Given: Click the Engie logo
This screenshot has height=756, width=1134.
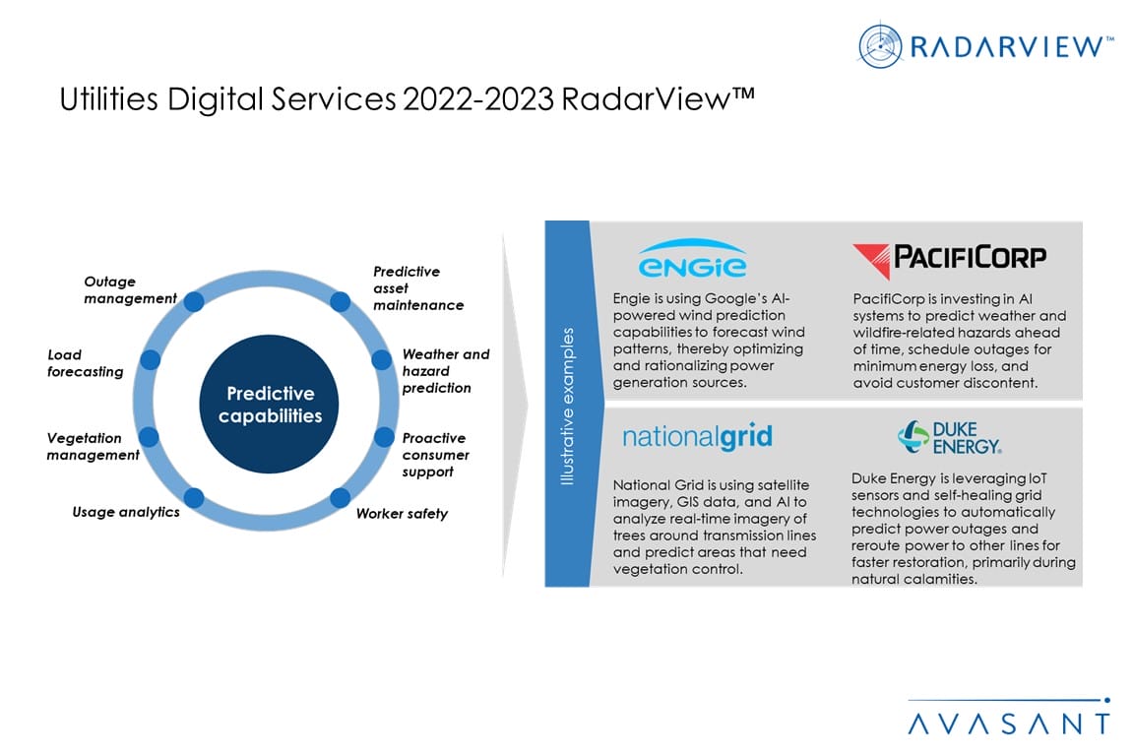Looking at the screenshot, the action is pos(692,258).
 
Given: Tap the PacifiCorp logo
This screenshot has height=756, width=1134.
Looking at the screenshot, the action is pos(949,260).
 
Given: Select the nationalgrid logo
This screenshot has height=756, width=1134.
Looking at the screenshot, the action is pos(697,437).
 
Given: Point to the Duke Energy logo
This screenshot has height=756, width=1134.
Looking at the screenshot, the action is pos(950,438).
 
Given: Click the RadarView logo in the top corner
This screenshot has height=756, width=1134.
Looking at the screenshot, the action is pos(985,45).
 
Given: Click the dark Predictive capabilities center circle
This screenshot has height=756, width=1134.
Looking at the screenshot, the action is pos(269,404).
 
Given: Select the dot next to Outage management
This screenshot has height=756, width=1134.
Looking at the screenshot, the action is pos(194,301).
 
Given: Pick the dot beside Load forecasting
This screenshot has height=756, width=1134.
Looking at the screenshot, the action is pos(151,359).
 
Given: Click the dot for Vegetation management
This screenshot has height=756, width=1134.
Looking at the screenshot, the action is pos(149,436).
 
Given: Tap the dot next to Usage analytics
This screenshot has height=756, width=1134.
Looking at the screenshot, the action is pos(194,498).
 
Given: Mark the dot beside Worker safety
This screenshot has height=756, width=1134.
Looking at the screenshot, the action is pos(340,498).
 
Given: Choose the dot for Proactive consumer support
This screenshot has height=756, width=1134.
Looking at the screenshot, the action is pos(384,437).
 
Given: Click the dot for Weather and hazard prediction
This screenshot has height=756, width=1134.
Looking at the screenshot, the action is pos(382,359).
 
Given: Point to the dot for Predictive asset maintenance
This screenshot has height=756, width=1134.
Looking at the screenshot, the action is pos(340,301).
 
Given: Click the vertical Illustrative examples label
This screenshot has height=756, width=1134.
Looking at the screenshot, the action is pos(567,406).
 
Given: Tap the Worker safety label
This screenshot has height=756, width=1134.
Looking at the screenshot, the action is pos(402,514).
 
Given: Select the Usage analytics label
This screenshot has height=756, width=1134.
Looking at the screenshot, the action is pos(126,512).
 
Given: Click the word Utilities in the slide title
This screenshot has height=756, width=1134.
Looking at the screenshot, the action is pos(108,99).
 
